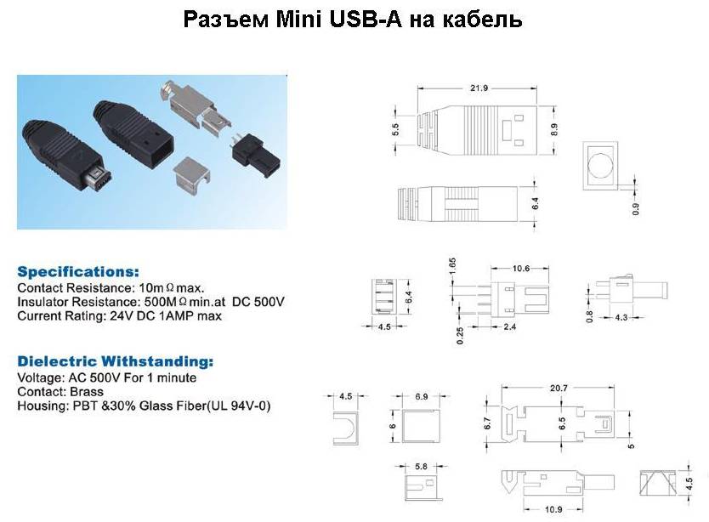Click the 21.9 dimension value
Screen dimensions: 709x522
(x=479, y=88)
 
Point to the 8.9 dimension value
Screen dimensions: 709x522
(x=554, y=130)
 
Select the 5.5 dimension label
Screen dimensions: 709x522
(x=395, y=130)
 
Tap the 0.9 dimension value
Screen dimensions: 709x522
(x=636, y=208)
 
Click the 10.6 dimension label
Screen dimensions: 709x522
(x=520, y=269)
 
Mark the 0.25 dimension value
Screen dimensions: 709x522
(x=460, y=336)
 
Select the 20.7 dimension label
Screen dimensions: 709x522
(x=559, y=389)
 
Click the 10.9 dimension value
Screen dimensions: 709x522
(x=553, y=509)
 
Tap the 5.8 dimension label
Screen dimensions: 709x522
(x=421, y=466)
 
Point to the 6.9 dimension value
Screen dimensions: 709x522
(x=421, y=396)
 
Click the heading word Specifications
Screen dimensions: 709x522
(x=78, y=272)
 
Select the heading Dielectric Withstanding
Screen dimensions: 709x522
(x=116, y=361)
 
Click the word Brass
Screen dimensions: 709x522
(x=87, y=392)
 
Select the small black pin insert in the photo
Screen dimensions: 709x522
(x=256, y=155)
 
